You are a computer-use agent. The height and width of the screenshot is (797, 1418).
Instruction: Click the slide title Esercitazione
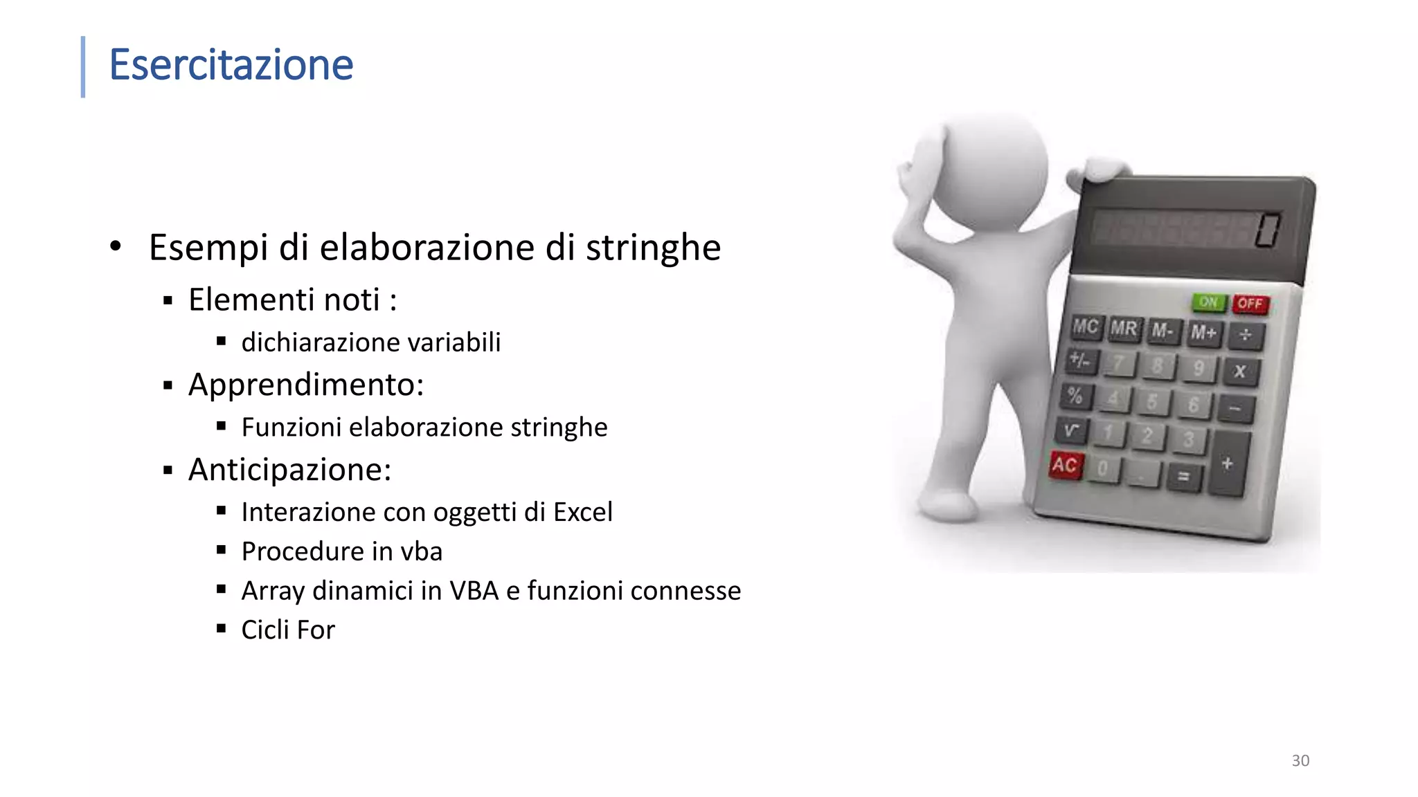(231, 65)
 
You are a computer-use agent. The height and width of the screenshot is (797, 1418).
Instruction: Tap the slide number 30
(1300, 760)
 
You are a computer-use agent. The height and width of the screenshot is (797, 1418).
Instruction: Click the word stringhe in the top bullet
(653, 248)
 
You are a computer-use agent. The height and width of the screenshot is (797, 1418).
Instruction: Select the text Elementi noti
(284, 300)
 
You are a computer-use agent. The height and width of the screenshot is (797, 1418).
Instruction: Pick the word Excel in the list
(583, 512)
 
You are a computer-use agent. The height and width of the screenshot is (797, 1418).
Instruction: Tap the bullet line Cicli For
(288, 630)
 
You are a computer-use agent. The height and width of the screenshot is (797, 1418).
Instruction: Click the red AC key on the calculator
(1064, 465)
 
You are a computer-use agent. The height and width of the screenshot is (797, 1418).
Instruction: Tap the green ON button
(1208, 302)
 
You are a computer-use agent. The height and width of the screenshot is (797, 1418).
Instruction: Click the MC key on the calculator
(1085, 327)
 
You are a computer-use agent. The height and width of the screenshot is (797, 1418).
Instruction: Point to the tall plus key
(1228, 464)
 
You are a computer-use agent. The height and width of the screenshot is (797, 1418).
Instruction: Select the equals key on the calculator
(1184, 476)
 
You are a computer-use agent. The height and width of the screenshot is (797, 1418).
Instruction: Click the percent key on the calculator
(1075, 396)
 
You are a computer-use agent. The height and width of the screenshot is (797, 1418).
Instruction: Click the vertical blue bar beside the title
(83, 66)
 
